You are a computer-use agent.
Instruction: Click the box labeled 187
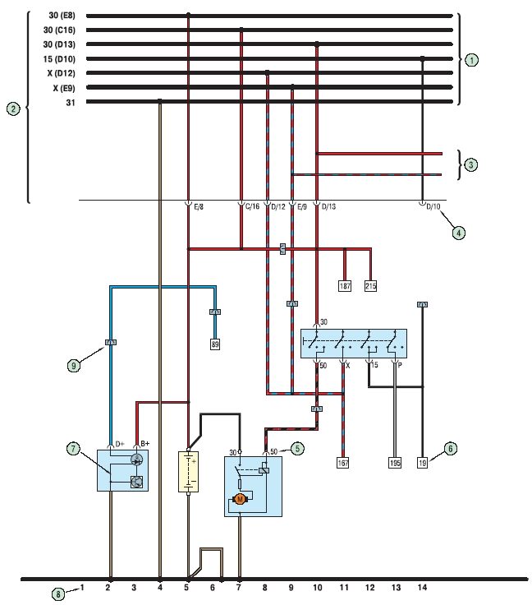click(344, 286)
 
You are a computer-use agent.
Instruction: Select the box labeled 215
click(370, 286)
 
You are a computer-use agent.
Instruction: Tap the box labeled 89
click(215, 344)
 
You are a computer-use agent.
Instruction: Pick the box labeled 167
click(343, 462)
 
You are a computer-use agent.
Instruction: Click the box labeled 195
click(395, 462)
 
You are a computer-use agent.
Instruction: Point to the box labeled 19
click(423, 462)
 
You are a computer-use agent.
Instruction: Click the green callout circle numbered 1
click(471, 60)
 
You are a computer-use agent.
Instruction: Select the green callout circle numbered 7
click(73, 449)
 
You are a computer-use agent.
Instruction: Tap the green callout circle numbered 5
click(297, 448)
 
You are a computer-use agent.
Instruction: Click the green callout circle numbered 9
click(74, 365)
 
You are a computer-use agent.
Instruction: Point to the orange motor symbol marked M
click(241, 500)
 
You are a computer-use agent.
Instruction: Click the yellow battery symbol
click(188, 472)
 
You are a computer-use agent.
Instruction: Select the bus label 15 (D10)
click(59, 59)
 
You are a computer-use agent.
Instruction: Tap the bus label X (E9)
click(64, 88)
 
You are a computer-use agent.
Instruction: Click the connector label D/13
click(328, 207)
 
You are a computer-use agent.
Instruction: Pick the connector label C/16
click(252, 207)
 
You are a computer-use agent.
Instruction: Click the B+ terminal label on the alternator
click(144, 444)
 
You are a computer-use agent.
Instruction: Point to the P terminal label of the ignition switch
click(400, 365)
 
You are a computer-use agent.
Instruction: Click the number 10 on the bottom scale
click(317, 587)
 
